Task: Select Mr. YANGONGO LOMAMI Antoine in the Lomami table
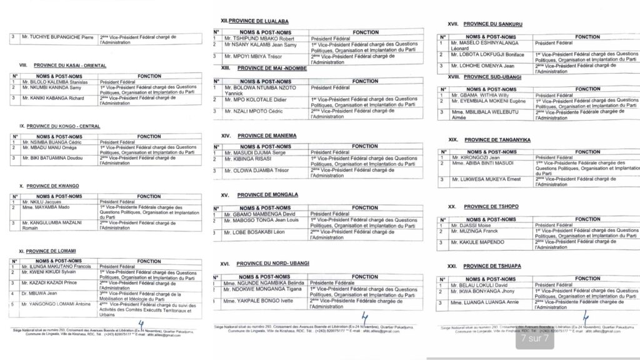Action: (x=55, y=304)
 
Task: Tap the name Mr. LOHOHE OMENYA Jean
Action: (x=478, y=66)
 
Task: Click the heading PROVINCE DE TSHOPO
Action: (x=491, y=206)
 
